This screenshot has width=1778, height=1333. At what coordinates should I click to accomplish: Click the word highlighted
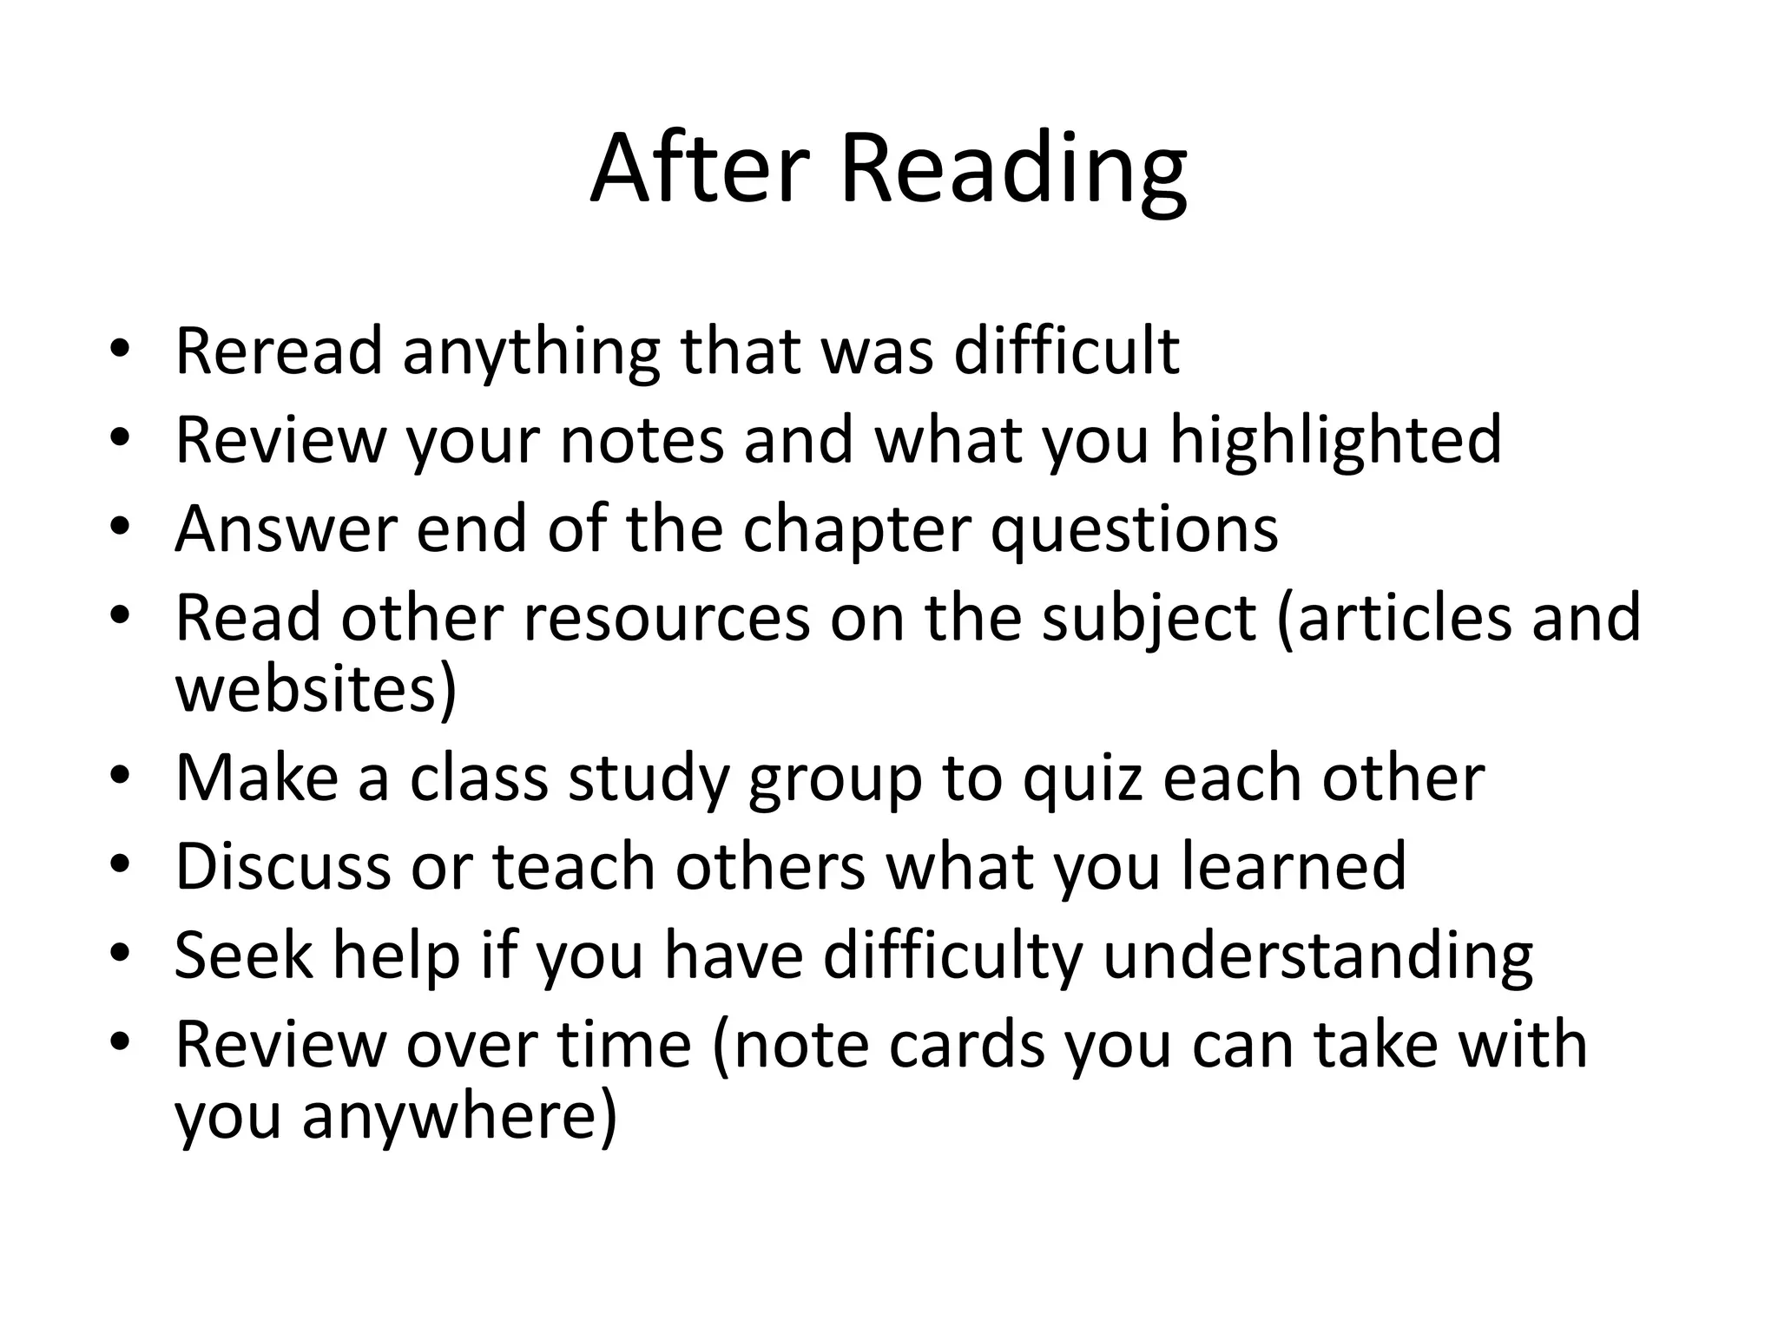click(1335, 440)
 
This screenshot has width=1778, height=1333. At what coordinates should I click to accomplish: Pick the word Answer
click(286, 529)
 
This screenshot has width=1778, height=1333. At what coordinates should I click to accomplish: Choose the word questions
click(1134, 530)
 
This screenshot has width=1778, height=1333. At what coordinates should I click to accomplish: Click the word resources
click(666, 618)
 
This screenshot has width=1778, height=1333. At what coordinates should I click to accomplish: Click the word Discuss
click(283, 866)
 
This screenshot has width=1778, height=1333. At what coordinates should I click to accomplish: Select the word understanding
click(1317, 956)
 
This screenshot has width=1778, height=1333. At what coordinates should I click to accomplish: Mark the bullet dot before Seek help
click(121, 955)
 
